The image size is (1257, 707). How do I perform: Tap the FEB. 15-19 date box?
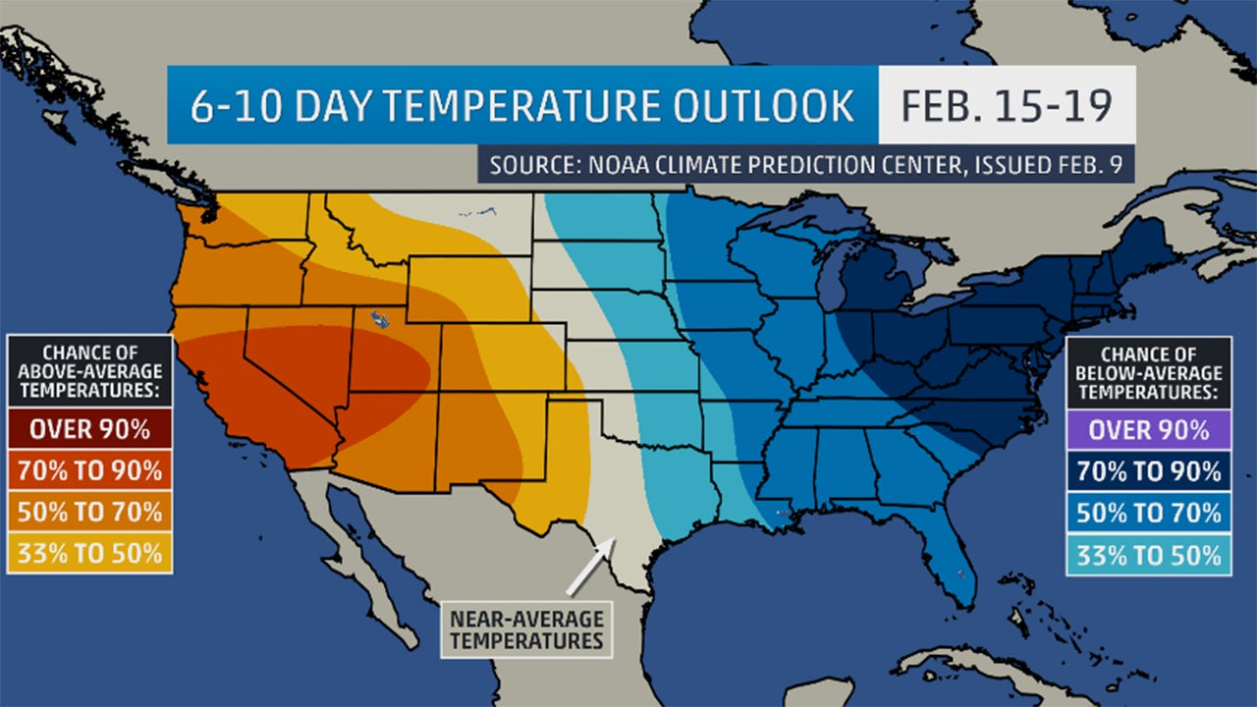(x=1007, y=106)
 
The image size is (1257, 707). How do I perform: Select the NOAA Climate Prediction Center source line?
(x=805, y=164)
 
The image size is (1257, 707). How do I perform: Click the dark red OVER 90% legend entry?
(x=89, y=429)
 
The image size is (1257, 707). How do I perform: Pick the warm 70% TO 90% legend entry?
(x=89, y=470)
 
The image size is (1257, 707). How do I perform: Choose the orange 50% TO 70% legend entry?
(x=89, y=512)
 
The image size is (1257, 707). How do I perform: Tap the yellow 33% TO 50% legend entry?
(x=89, y=553)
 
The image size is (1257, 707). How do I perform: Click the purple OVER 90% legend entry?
(x=1148, y=429)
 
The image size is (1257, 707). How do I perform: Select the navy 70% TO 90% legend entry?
(x=1148, y=470)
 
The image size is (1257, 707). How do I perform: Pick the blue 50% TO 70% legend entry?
(x=1148, y=512)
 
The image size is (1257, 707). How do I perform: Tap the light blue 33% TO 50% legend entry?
(x=1148, y=555)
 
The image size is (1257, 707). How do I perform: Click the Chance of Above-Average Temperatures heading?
(x=89, y=371)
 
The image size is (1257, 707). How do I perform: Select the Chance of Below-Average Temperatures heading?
(x=1148, y=371)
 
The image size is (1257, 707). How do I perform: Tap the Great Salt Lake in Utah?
(x=376, y=318)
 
